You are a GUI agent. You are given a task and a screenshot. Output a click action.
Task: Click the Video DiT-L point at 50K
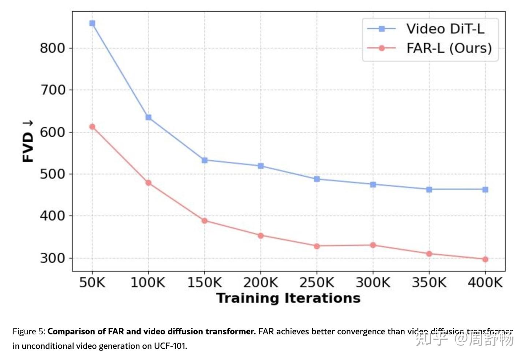pos(92,23)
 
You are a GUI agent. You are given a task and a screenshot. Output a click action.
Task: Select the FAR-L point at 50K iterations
pos(92,127)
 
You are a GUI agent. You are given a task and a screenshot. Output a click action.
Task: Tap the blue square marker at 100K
pos(149,117)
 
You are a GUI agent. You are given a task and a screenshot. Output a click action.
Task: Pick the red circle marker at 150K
pos(205,221)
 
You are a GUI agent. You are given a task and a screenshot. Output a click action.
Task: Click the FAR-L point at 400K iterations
pos(485,259)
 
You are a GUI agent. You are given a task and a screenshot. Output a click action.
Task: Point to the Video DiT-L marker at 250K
pos(317,179)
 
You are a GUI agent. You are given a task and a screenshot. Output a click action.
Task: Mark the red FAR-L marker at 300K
pos(373,245)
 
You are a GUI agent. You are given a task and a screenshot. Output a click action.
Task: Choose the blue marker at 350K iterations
pos(429,190)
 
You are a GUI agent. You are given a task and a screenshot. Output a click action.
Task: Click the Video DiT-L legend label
pos(445,29)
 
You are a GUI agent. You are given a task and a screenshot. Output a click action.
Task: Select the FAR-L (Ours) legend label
pos(449,48)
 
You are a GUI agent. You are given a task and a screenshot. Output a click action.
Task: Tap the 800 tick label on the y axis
pos(52,48)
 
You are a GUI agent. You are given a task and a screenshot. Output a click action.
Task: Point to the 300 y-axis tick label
pos(52,258)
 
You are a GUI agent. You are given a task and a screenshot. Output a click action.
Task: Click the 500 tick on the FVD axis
pos(52,174)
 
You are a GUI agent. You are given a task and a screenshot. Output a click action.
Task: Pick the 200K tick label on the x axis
pos(261,282)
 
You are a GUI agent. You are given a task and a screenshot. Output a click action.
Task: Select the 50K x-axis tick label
pos(92,282)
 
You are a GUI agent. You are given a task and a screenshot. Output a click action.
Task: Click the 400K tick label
pos(485,282)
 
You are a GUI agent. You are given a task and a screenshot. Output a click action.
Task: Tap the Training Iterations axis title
pos(288,298)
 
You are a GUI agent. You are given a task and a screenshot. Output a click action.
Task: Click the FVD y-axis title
pos(28,142)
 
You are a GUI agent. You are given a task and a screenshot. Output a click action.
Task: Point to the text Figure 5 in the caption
pos(29,331)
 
